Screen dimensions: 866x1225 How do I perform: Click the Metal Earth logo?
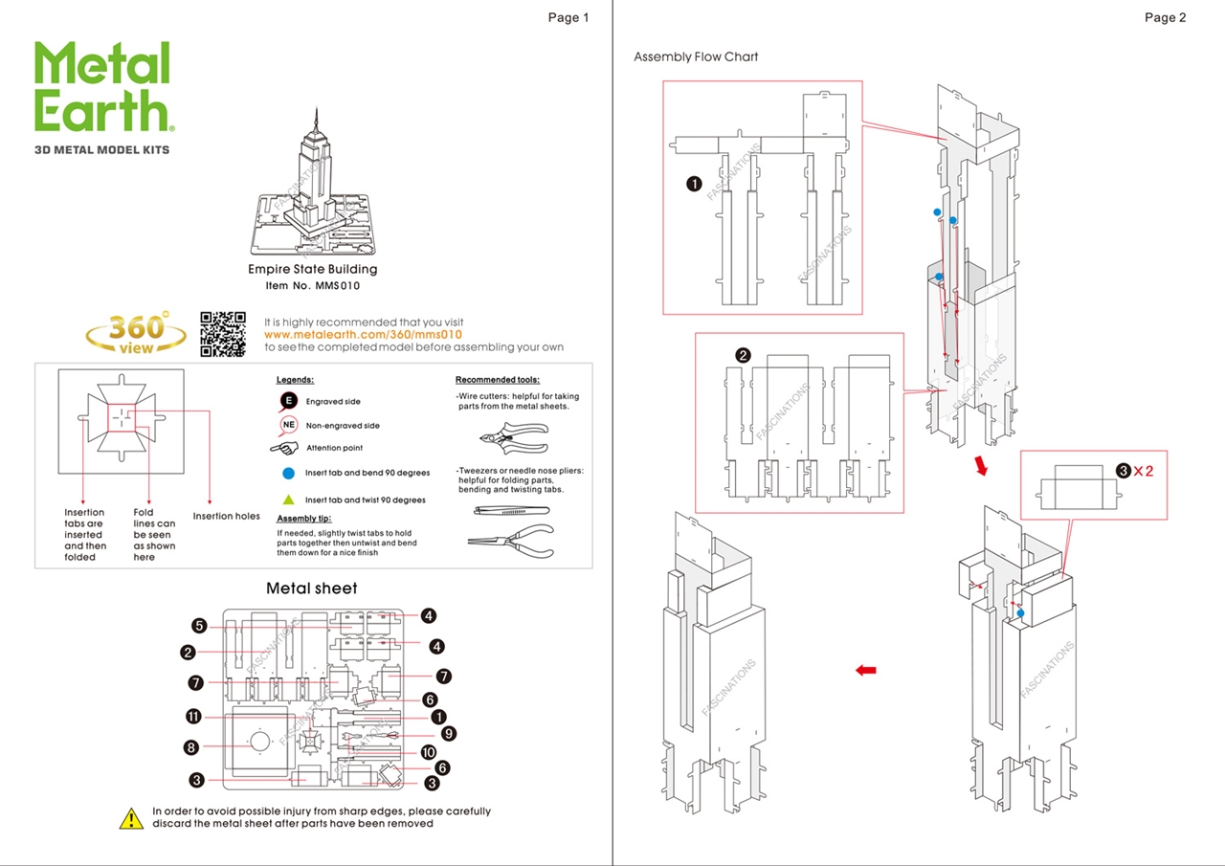(x=103, y=88)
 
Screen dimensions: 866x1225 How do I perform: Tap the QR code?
(x=222, y=334)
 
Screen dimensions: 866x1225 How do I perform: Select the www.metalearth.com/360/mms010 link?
(x=363, y=335)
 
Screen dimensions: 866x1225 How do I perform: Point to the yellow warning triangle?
(x=131, y=818)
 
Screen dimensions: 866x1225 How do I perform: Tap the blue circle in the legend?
(x=288, y=473)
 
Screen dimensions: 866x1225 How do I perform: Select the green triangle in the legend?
(x=288, y=500)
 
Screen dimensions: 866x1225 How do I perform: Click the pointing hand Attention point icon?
(x=285, y=448)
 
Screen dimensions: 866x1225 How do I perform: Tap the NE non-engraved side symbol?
(x=288, y=425)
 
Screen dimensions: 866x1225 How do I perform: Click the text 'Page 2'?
(x=1165, y=17)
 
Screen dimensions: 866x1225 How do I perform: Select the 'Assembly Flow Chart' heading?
(x=696, y=56)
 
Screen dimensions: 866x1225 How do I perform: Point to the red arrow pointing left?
(x=866, y=671)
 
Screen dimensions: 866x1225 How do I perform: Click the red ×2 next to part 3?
(x=1143, y=471)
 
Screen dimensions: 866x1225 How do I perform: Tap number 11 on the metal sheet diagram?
(x=193, y=717)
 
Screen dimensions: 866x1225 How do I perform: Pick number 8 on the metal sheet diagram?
(x=191, y=746)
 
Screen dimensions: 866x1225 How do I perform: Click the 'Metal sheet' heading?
(x=311, y=588)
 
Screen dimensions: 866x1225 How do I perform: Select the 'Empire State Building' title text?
(x=312, y=270)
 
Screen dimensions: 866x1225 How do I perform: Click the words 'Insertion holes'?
(x=226, y=517)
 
